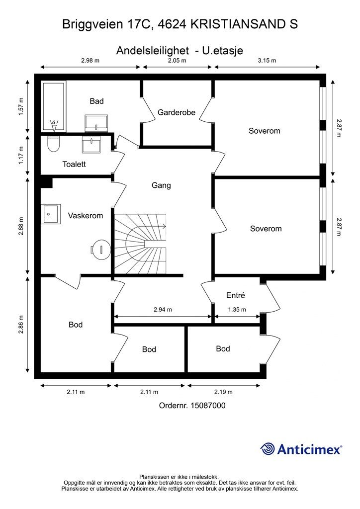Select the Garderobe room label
177,112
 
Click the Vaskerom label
86,216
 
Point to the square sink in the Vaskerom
51,214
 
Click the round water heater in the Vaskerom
100,250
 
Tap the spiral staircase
140,244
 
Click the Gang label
161,185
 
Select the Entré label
236,295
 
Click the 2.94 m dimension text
163,310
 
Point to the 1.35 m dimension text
237,310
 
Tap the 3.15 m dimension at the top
267,60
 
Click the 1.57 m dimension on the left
21,106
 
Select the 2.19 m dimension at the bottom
223,392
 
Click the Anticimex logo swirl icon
268,449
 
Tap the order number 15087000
208,406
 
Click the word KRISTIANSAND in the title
237,24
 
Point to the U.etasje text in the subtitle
223,51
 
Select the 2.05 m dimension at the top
177,60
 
